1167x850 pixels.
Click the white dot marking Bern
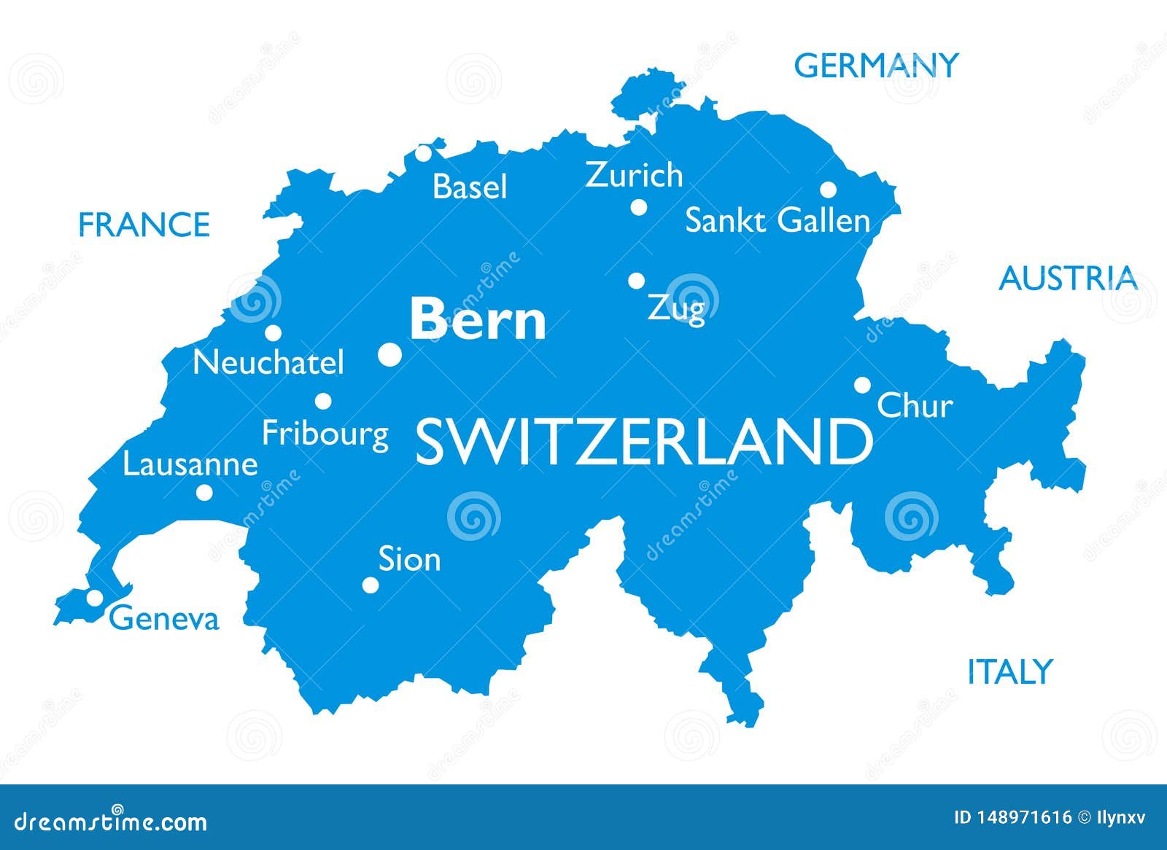tap(389, 355)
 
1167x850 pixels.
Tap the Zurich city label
tap(634, 176)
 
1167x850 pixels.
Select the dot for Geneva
tap(95, 598)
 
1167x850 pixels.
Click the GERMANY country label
tap(875, 66)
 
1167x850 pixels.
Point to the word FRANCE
tap(144, 225)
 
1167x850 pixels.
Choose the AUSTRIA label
tap(1068, 278)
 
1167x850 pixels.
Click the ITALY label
tap(1009, 671)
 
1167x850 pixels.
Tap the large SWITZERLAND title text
tap(643, 442)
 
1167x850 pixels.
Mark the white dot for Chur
tap(862, 385)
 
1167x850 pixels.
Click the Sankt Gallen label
tap(778, 221)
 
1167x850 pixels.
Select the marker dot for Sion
tap(371, 585)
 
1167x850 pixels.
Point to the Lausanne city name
tap(190, 464)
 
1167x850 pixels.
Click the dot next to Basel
tap(424, 154)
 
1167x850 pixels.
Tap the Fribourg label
tap(325, 434)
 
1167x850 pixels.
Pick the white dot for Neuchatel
tap(273, 333)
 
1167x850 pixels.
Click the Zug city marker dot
tap(637, 281)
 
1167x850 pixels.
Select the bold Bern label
tap(478, 320)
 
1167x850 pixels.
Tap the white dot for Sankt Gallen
tap(828, 190)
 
